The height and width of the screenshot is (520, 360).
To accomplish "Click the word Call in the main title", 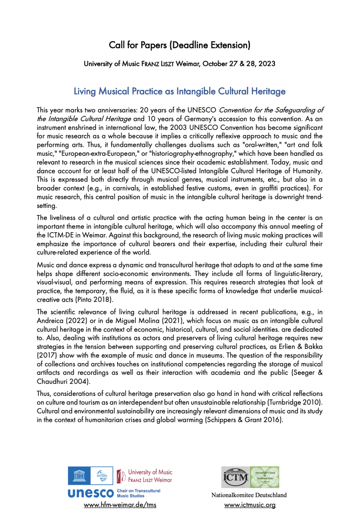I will pos(117,45).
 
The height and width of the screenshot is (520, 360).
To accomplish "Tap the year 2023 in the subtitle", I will pos(267,64).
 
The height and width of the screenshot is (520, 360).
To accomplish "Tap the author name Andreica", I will pos(50,320).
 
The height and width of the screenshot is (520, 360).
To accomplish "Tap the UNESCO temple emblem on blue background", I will pos(79,476).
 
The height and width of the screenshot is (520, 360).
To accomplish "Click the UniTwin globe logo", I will pos(102,476).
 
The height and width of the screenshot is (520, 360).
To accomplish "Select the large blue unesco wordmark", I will pos(91,493).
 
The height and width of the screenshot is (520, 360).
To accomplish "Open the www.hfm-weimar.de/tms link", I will pos(120,505).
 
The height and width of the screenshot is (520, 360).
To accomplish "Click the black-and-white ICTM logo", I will pos(236,477).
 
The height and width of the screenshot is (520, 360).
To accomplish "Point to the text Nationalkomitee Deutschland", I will pos(249,495).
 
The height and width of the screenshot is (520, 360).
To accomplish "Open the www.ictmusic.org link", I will pos(250,505).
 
